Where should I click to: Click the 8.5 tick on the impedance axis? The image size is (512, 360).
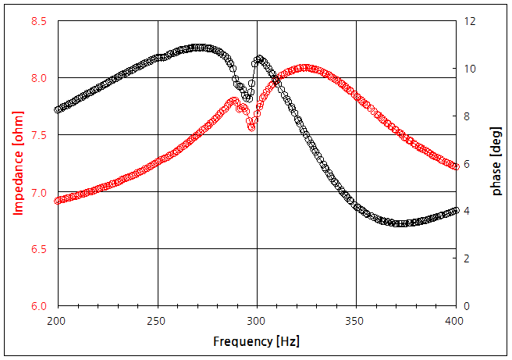tap(38, 21)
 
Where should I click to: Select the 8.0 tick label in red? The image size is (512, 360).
tap(38, 78)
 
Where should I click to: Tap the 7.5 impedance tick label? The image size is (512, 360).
tap(38, 135)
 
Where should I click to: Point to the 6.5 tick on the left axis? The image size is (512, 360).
tap(38, 249)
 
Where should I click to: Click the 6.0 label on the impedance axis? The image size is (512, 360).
tap(38, 306)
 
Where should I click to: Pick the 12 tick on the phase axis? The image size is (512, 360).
tap(470, 21)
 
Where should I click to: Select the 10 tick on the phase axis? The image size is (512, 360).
tap(470, 69)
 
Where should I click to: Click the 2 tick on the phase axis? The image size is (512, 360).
tap(467, 258)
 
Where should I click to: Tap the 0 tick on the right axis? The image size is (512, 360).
tap(467, 306)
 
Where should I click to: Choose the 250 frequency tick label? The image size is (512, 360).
tap(157, 321)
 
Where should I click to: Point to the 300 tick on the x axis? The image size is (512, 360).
tap(257, 321)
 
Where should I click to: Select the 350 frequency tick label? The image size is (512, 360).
tap(357, 321)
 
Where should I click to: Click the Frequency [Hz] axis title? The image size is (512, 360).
tap(256, 341)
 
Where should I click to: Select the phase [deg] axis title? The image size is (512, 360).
tap(496, 163)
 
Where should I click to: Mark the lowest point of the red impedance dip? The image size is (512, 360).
tap(251, 127)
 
